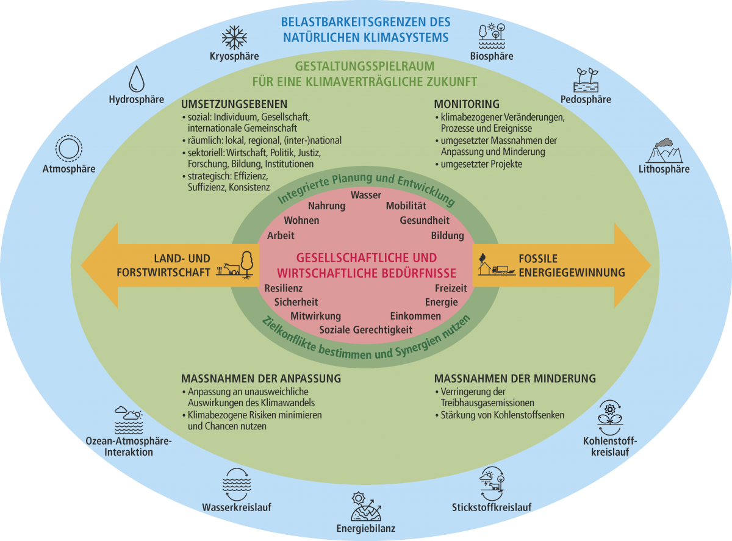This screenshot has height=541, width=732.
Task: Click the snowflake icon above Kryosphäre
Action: click(234, 37)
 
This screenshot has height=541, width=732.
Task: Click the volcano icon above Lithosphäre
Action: click(664, 148)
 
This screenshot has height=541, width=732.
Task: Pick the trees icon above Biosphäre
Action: click(492, 36)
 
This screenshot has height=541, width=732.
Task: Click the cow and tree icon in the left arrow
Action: click(239, 266)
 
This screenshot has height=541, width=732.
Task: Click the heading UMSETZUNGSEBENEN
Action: click(234, 104)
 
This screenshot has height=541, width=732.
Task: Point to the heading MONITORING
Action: click(467, 104)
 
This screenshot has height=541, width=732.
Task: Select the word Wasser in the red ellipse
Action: click(366, 195)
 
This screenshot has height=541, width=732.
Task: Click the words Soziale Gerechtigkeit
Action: click(366, 329)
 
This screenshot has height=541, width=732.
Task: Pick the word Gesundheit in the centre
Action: click(425, 220)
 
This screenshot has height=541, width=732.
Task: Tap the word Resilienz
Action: click(284, 288)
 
